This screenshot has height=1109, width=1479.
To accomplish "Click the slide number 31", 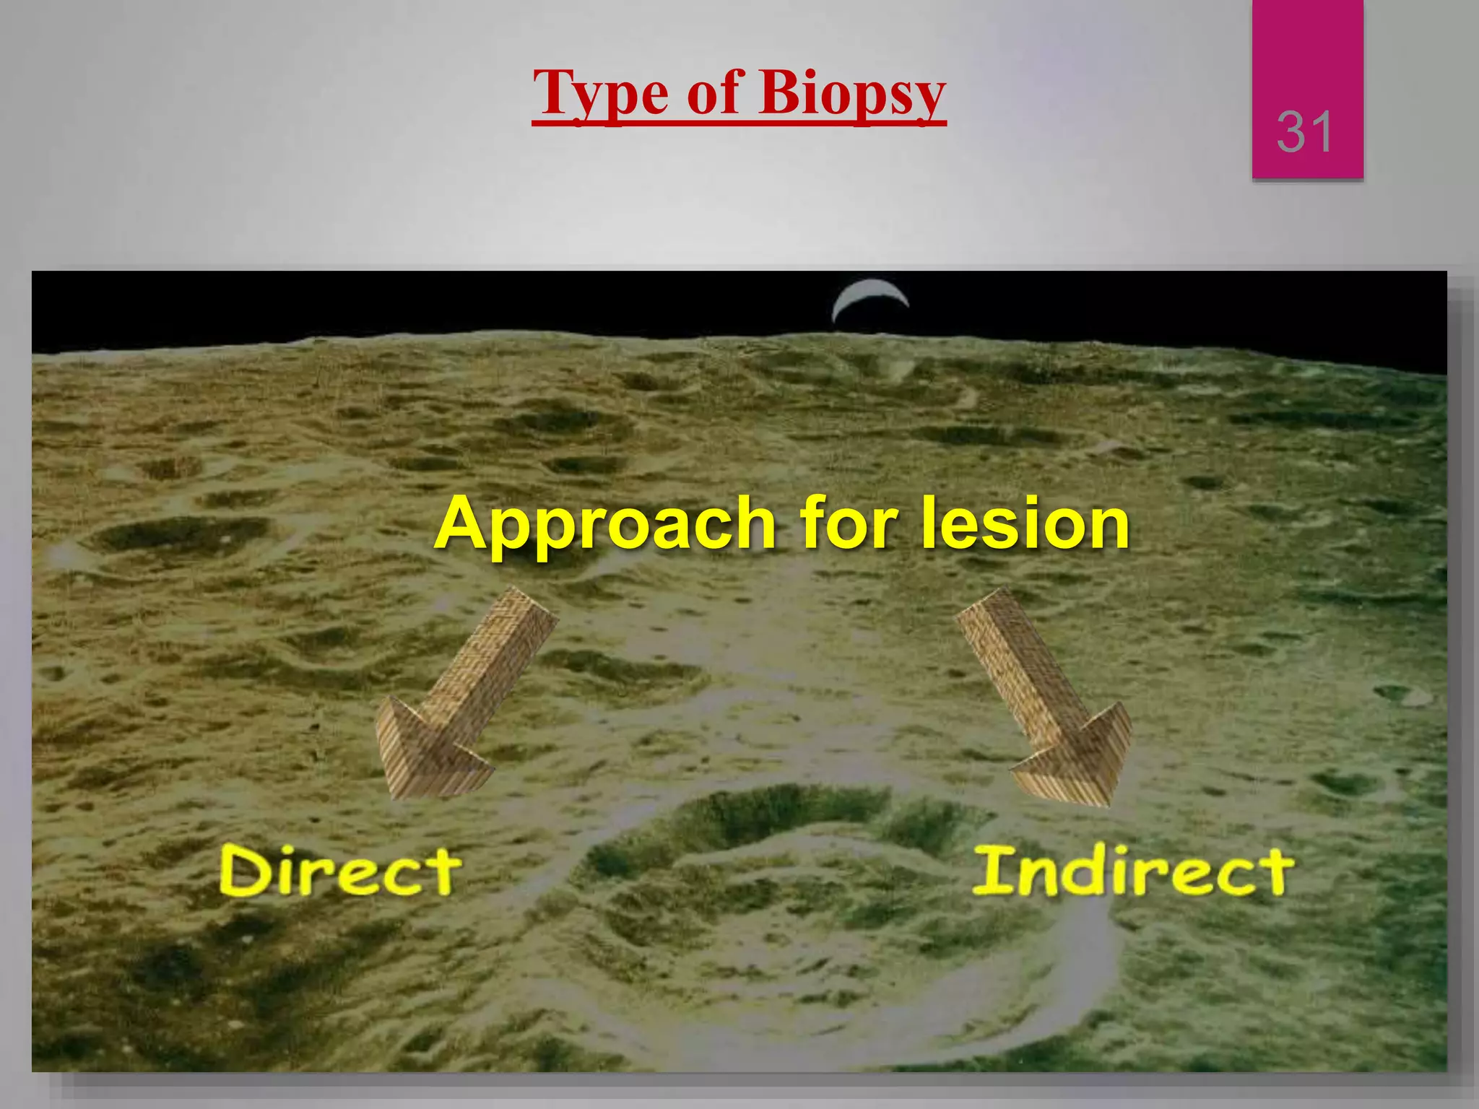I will pos(1304,132).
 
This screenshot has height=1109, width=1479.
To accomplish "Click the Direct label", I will pos(339,871).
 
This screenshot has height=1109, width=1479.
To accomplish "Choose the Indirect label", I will pos(1133,871).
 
